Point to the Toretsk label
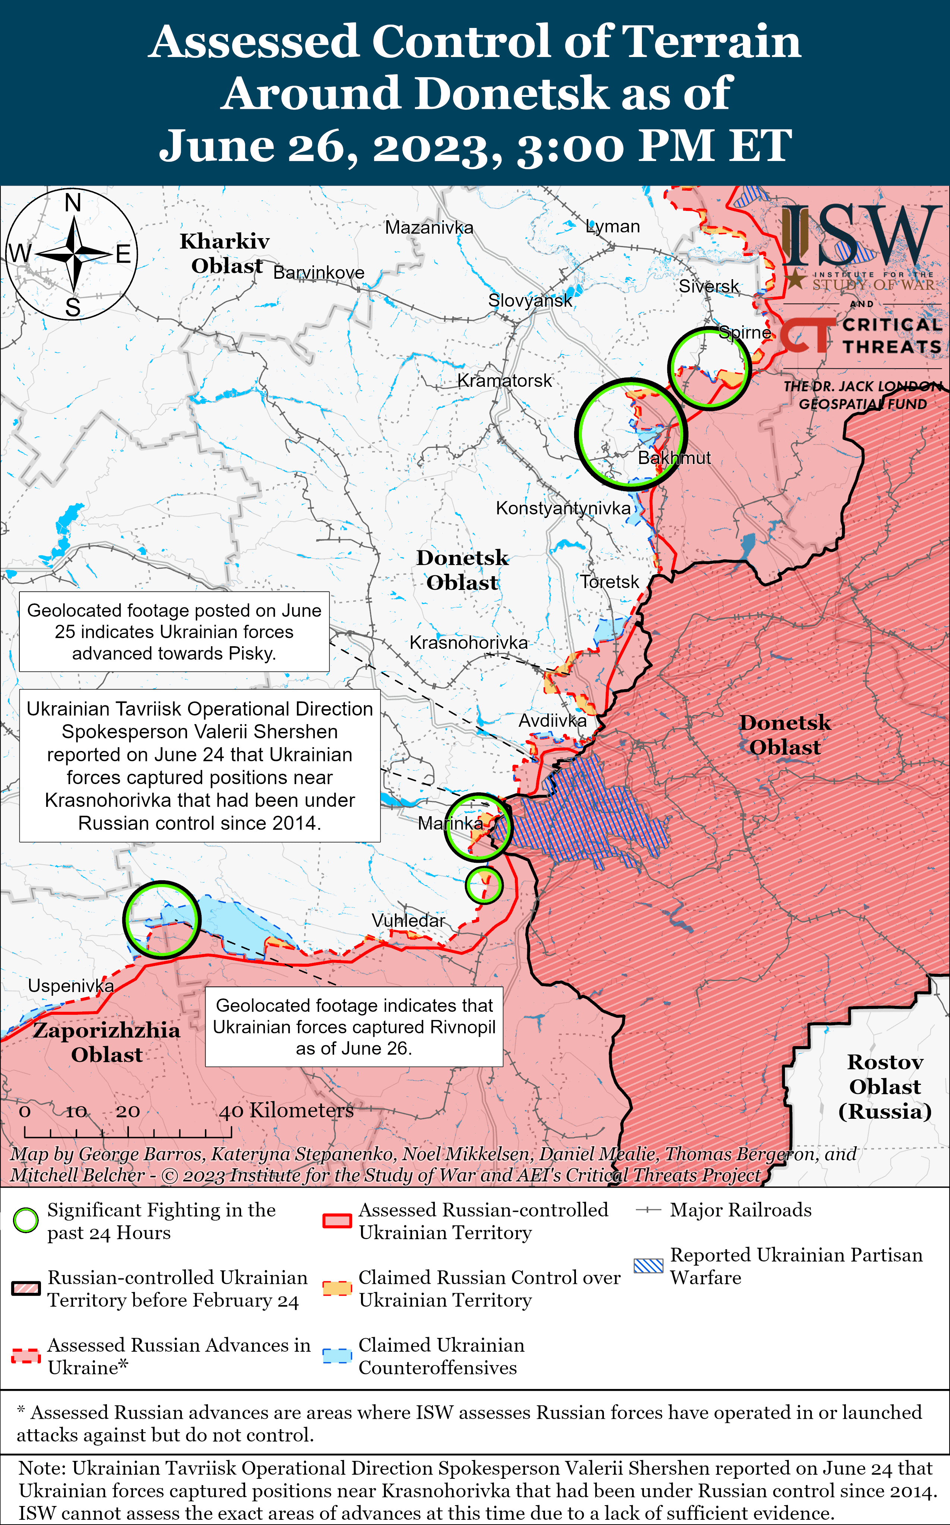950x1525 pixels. click(x=609, y=581)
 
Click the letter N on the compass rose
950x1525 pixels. click(x=73, y=203)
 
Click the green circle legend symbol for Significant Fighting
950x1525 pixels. click(x=26, y=1220)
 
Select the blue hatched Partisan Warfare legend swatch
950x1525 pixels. click(x=648, y=1266)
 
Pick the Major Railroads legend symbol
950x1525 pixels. click(x=648, y=1210)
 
